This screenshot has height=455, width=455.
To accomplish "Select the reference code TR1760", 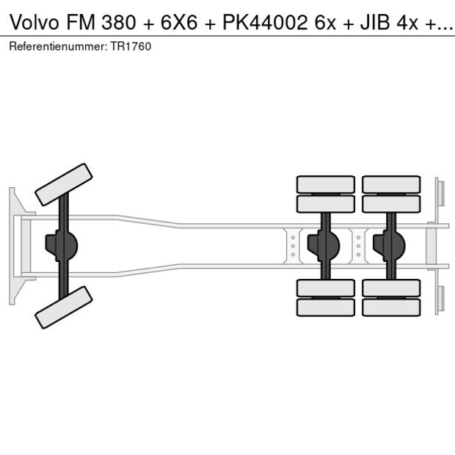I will coord(133,46).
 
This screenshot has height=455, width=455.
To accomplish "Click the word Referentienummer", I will coord(59,46).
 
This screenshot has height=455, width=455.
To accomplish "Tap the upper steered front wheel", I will coord(64,183).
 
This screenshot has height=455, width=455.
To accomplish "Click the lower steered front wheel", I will coord(64,307).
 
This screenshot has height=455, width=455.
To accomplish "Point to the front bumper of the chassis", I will coord(14,245).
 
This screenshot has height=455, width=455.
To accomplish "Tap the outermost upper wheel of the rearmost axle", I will coord(391,183).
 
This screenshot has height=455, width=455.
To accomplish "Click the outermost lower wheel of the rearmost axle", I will coord(391,307).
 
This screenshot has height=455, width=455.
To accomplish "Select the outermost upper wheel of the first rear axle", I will coord(325,183).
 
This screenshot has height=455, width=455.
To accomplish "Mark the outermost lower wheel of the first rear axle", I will coord(325,307).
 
